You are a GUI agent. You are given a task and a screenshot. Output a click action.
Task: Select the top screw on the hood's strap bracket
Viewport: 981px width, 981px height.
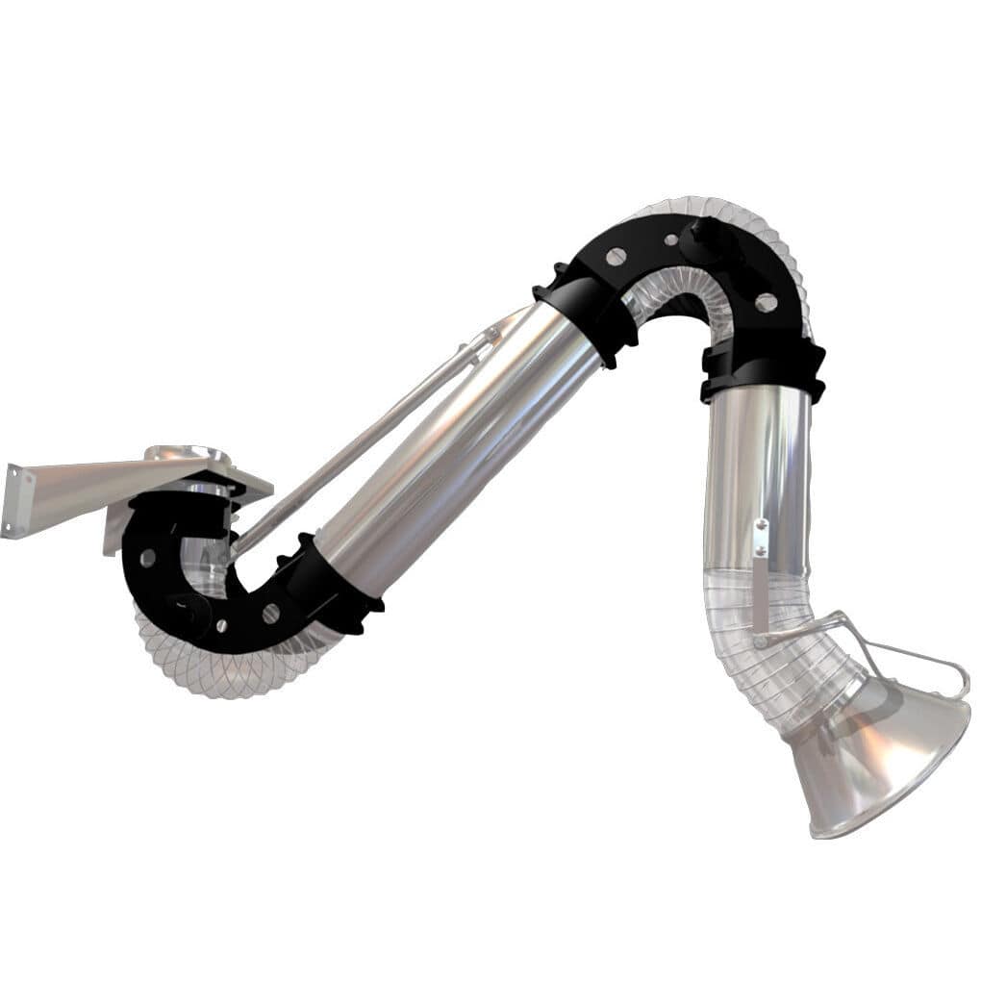click(x=761, y=524)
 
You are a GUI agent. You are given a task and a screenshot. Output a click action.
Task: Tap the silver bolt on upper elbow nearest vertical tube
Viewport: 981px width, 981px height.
click(x=766, y=302)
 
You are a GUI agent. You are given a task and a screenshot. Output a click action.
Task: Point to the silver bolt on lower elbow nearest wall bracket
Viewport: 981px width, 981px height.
click(x=147, y=558)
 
